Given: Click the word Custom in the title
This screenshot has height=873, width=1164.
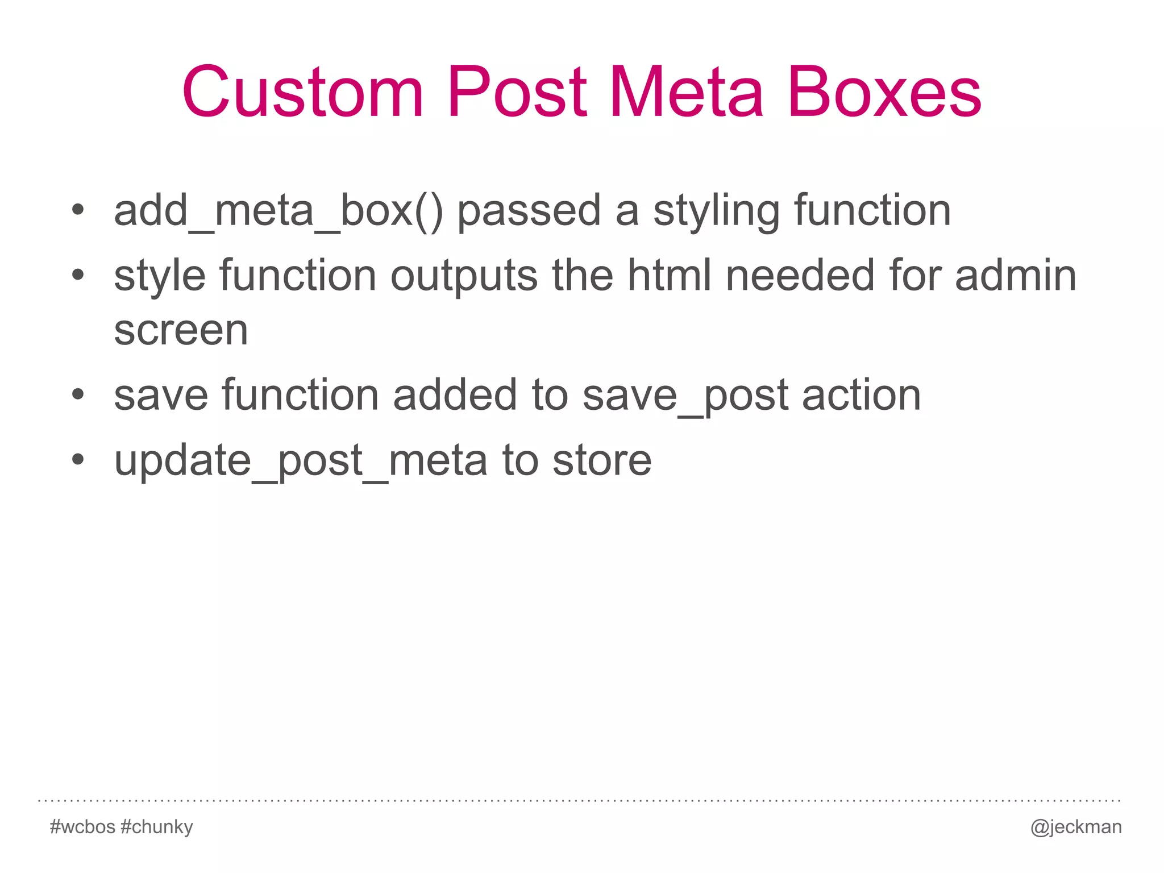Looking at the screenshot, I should pyautogui.click(x=303, y=92).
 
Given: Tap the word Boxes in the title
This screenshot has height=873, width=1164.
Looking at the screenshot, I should pyautogui.click(x=884, y=92).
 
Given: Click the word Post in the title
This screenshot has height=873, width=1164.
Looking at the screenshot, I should pyautogui.click(x=517, y=92).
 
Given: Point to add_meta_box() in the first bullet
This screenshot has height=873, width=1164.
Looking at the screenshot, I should pyautogui.click(x=278, y=211).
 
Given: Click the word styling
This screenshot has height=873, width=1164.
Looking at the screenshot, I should pyautogui.click(x=716, y=211).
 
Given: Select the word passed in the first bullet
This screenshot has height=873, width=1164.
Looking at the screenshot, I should pyautogui.click(x=529, y=211).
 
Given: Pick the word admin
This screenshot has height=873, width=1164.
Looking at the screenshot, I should pyautogui.click(x=1016, y=276).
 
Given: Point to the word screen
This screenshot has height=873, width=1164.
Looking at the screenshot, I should pyautogui.click(x=181, y=330).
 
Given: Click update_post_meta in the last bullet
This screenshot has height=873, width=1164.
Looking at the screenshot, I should pyautogui.click(x=301, y=461).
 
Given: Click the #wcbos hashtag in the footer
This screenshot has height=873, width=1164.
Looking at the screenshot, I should pyautogui.click(x=82, y=826).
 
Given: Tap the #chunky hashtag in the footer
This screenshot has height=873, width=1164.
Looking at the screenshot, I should pyautogui.click(x=157, y=827).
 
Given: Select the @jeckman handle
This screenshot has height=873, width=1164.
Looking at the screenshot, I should pyautogui.click(x=1076, y=827).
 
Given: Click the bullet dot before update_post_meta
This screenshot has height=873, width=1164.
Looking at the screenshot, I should pyautogui.click(x=78, y=459).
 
